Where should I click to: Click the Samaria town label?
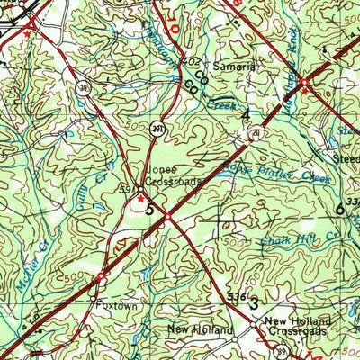coord(234,67)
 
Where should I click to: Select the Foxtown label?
coord(113,305)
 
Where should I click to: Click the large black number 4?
coord(245,114)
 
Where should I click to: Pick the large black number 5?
coord(149,211)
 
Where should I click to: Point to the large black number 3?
coord(254,304)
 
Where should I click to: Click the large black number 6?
coord(339,209)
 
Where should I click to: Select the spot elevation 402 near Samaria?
coord(189,61)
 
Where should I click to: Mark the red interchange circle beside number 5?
coord(167,215)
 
